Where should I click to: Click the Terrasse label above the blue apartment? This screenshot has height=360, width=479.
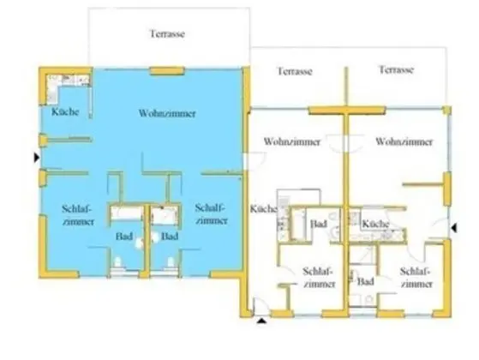tap(167, 34)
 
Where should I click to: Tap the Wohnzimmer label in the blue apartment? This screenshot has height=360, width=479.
tap(165, 112)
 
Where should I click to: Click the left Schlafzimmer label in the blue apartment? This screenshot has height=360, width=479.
tap(76, 213)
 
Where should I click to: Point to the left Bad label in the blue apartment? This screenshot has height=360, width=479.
tap(123, 236)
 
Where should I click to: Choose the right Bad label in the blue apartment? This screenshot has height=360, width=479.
tap(169, 236)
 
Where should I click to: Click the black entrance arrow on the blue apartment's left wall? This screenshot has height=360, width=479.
tap(35, 158)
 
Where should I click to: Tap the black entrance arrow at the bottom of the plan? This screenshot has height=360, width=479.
tap(260, 321)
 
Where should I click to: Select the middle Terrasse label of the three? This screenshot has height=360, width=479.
tap(294, 71)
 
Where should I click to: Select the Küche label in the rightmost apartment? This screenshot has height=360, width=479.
tap(377, 225)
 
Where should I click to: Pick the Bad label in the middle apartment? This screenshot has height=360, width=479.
tap(319, 225)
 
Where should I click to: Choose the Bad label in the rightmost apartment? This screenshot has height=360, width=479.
tap(367, 281)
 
